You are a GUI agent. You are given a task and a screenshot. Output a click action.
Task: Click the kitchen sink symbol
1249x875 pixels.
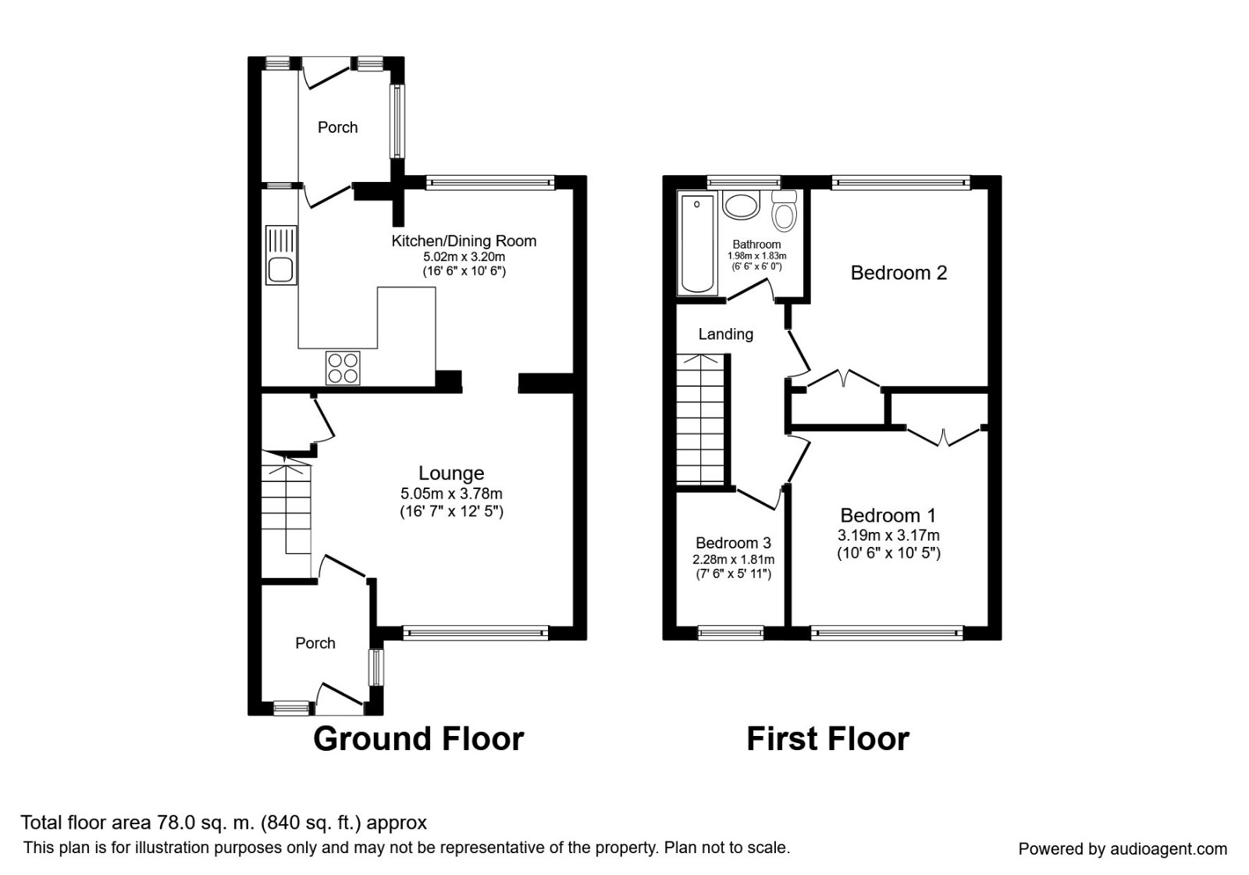pyautogui.click(x=279, y=254)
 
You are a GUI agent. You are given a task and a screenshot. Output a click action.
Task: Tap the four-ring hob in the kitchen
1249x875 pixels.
pyautogui.click(x=343, y=368)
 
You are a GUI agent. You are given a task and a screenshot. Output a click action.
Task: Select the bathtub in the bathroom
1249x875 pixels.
pyautogui.click(x=696, y=244)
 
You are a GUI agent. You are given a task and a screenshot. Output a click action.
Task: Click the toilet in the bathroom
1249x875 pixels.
pyautogui.click(x=783, y=209)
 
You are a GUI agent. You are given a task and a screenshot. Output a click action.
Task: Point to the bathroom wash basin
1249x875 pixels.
pyautogui.click(x=740, y=205)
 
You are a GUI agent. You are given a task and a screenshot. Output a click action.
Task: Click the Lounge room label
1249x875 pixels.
pyautogui.click(x=451, y=473)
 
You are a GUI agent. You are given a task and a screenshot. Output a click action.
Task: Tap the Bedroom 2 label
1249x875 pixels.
pyautogui.click(x=898, y=273)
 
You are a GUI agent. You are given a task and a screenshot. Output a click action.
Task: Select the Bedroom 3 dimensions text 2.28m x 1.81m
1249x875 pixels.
pyautogui.click(x=733, y=559)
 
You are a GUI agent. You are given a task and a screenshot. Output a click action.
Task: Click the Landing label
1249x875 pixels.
pyautogui.click(x=725, y=334)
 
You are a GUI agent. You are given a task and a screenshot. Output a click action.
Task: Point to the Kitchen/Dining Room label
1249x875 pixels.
pyautogui.click(x=464, y=241)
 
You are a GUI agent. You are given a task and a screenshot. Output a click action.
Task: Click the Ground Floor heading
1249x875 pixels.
pyautogui.click(x=418, y=738)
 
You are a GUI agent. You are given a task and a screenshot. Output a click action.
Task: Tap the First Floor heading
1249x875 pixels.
pyautogui.click(x=827, y=738)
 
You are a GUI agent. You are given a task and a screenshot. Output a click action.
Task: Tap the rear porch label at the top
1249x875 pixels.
pyautogui.click(x=337, y=127)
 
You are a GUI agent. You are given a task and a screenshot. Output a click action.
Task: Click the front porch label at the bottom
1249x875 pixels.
pyautogui.click(x=315, y=643)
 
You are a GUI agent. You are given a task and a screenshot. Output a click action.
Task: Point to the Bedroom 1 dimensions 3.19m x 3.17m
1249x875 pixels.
pyautogui.click(x=888, y=536)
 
